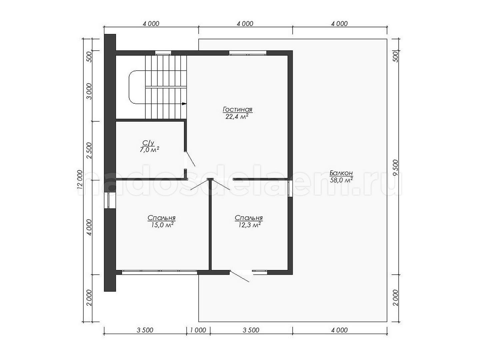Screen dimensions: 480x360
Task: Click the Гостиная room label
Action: [237, 109]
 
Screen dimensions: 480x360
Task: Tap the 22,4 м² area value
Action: [237, 117]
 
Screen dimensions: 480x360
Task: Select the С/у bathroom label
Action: [148, 143]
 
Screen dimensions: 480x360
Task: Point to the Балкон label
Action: [341, 173]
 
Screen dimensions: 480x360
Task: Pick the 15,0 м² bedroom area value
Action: [162, 225]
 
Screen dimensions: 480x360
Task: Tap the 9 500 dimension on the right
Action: [395, 168]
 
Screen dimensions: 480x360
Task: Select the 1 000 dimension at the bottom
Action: [198, 330]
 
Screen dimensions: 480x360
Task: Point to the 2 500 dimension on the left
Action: [89, 150]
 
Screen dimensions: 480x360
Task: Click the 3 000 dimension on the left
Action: [89, 91]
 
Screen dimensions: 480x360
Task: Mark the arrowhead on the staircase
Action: [184, 104]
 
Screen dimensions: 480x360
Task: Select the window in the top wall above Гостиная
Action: [248, 53]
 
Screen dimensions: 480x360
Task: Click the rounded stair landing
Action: [137, 87]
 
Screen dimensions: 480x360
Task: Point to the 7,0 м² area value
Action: [149, 150]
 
